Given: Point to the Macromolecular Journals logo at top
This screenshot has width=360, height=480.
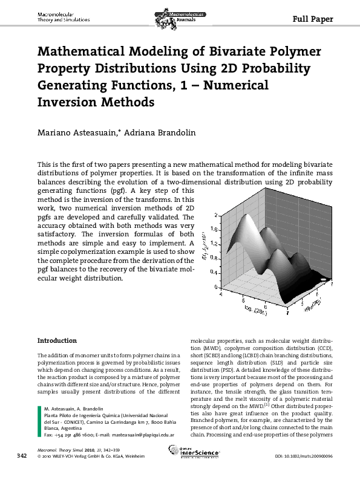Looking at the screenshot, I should pyautogui.click(x=180, y=14).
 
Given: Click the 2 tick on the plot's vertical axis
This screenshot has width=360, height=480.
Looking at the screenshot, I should pyautogui.click(x=216, y=215).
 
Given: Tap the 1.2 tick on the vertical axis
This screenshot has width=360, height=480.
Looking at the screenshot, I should pyautogui.click(x=214, y=244).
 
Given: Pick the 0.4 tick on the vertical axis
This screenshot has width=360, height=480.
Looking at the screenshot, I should pyautogui.click(x=214, y=273).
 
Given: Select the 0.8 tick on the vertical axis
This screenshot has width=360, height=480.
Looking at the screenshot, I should pyautogui.click(x=214, y=258).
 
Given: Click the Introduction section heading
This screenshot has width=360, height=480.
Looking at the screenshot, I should pyautogui.click(x=57, y=340).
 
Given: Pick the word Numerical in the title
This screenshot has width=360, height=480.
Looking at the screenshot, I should pyautogui.click(x=238, y=85).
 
